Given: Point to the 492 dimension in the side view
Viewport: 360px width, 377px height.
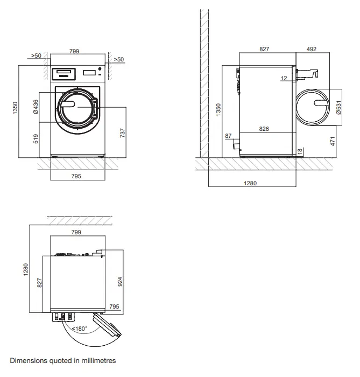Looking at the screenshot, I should coord(311,50).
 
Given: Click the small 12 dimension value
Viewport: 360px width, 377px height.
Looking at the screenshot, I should coord(284,79).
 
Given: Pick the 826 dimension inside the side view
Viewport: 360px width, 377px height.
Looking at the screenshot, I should coord(264,129).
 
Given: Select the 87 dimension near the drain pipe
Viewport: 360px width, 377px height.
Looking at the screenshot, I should coord(228,136).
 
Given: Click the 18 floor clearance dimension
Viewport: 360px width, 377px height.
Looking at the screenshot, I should coord(300,152).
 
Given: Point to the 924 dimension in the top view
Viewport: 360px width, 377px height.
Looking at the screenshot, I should coord(120,281).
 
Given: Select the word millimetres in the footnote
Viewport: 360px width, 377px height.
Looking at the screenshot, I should coord(97,360).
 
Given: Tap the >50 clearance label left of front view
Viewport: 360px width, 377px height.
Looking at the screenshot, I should coord(37,55).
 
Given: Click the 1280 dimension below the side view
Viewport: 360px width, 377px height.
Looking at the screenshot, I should coord(250,183).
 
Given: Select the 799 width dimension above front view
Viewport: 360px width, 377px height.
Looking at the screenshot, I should coord(75,51).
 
